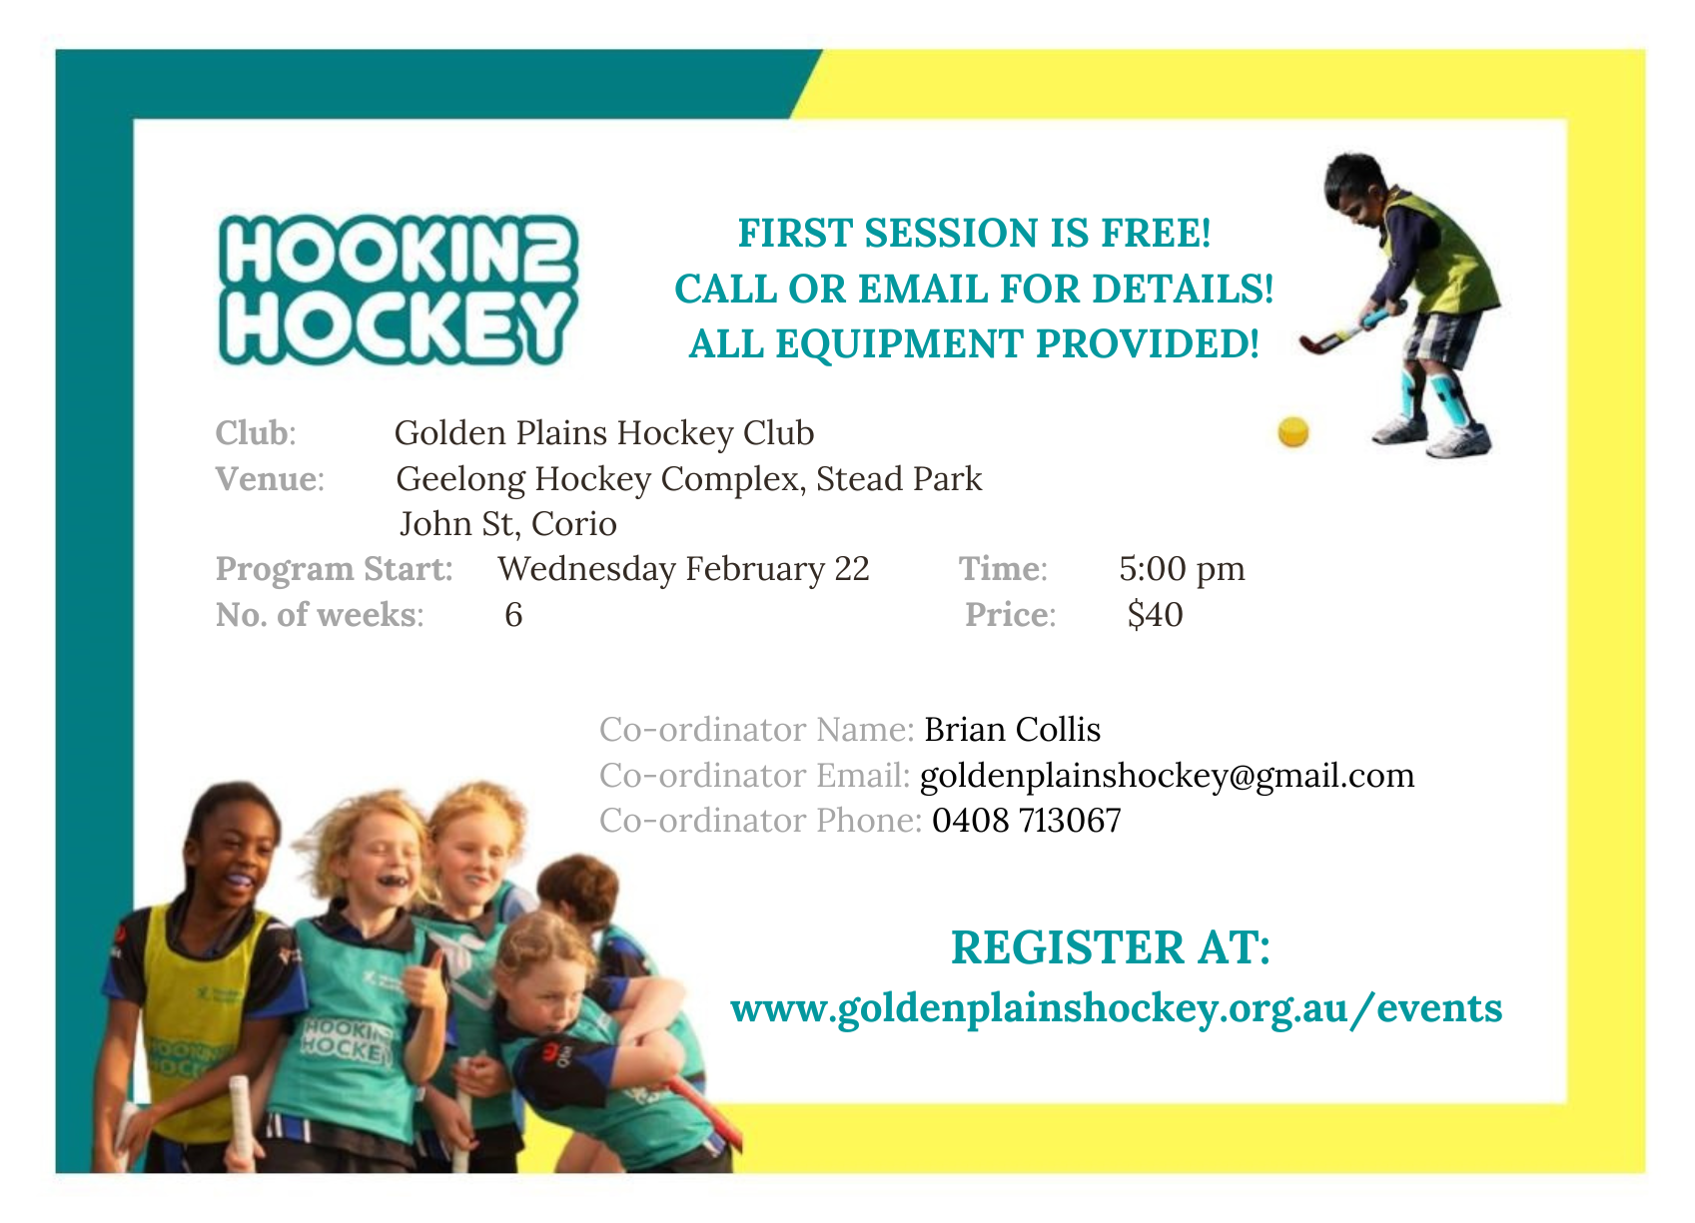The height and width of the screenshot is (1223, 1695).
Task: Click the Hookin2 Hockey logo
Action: click(398, 290)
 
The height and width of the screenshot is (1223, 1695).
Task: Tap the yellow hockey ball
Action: click(1293, 432)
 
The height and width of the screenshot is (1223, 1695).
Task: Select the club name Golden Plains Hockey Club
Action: click(604, 433)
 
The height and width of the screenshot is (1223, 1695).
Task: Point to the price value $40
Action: click(1155, 614)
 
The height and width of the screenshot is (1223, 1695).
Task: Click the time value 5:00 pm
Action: click(1182, 569)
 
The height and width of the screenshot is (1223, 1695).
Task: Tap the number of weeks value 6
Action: click(513, 614)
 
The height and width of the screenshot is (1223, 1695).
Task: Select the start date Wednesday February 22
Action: click(683, 569)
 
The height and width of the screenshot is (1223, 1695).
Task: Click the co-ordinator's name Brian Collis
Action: click(1013, 729)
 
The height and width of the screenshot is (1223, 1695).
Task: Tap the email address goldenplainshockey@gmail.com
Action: click(1167, 776)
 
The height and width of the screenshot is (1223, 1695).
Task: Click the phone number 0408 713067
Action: click(1026, 821)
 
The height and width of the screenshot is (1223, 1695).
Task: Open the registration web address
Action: click(1116, 1008)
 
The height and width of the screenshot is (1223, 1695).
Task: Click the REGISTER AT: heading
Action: click(1111, 946)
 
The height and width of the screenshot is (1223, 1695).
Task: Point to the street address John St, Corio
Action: click(507, 523)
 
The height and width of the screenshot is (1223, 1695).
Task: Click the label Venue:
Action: click(270, 479)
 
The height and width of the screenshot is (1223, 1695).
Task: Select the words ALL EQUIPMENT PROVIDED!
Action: click(974, 344)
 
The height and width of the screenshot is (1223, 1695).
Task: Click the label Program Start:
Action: click(335, 569)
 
